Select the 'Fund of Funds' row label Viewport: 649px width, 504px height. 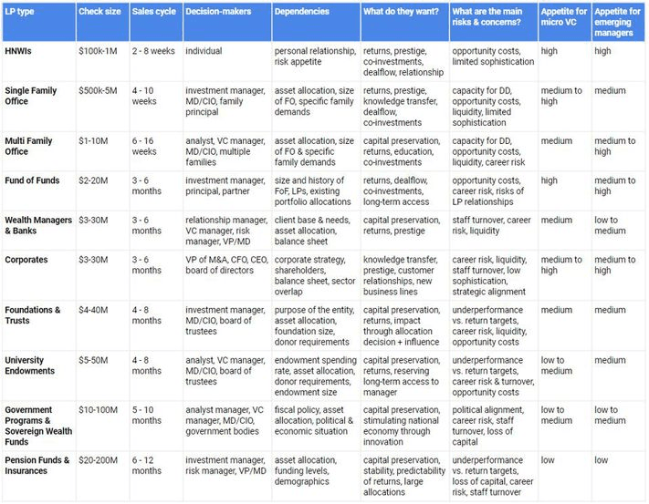tap(32, 180)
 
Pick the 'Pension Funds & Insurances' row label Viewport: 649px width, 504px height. tap(37, 466)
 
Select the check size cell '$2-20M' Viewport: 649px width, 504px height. tap(95, 180)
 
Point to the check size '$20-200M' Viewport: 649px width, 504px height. tap(99, 460)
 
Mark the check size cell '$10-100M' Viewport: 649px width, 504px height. tap(99, 410)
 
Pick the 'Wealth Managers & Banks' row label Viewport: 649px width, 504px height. tap(35, 225)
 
